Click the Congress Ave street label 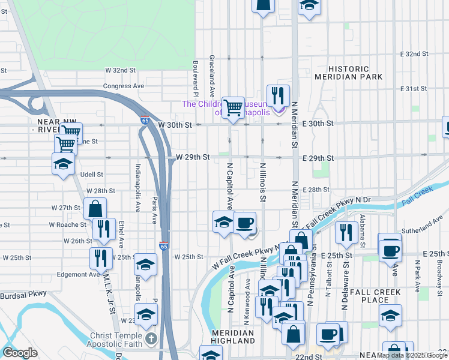[x=124, y=86]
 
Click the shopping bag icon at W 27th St [x=95, y=209]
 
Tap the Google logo [x=20, y=353]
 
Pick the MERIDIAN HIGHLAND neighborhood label [x=233, y=336]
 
